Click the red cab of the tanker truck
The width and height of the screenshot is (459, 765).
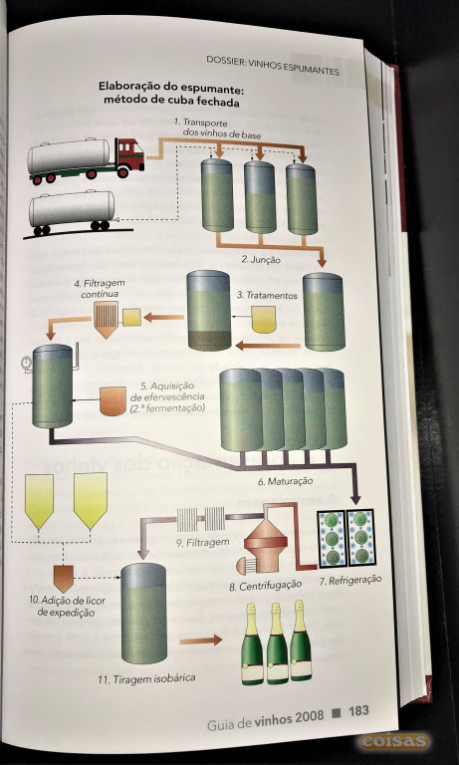[x=130, y=154]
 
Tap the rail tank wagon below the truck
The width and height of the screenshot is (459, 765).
[x=73, y=211]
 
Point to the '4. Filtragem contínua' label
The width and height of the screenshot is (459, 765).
[x=101, y=289]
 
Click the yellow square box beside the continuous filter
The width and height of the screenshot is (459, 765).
[x=131, y=317]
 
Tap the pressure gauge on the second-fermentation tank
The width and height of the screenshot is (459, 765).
[x=25, y=362]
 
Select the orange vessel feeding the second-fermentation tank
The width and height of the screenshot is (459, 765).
[x=113, y=401]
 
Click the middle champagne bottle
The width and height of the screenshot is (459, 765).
[x=277, y=643]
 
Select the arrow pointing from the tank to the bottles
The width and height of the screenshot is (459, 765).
[x=200, y=640]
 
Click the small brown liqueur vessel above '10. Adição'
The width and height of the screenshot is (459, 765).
[x=64, y=578]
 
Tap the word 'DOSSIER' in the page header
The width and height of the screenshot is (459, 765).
[x=225, y=61]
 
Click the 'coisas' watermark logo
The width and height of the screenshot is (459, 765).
[x=394, y=741]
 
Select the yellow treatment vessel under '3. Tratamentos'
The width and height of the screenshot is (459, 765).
[x=264, y=320]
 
